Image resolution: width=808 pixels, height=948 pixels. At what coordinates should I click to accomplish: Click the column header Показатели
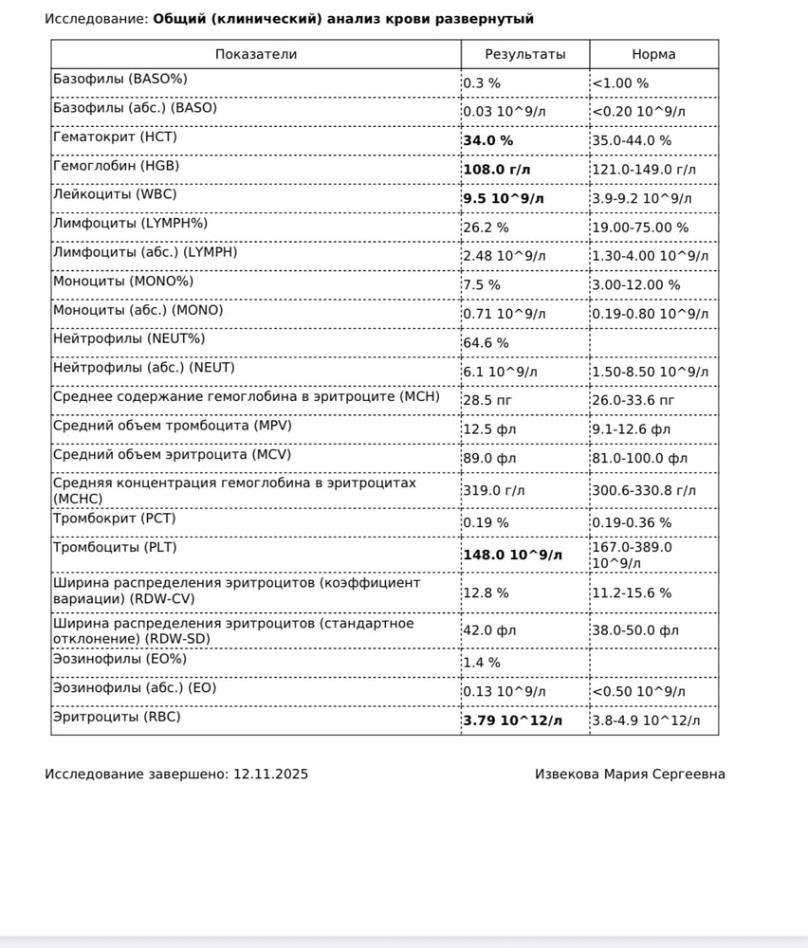point(256,54)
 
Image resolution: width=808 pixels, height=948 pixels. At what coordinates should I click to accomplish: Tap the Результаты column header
point(524,54)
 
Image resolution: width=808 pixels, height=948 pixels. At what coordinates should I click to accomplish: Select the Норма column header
point(653,54)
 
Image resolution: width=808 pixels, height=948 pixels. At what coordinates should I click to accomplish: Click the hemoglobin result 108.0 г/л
point(497,170)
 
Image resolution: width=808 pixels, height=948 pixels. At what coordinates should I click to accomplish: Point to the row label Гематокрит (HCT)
point(115,137)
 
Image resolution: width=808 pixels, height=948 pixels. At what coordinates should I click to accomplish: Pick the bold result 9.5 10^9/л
point(505,198)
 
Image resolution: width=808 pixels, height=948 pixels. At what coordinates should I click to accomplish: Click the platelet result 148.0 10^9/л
point(512,555)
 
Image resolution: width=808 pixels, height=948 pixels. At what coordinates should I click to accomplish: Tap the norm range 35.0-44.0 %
point(632,141)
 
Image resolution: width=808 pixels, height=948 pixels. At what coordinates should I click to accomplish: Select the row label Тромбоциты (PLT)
point(115,547)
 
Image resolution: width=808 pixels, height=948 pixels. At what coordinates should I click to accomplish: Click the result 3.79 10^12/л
point(512,721)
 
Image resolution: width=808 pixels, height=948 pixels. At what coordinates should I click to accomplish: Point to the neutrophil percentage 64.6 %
point(486,342)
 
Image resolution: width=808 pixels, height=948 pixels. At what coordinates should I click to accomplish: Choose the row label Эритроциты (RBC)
point(117,717)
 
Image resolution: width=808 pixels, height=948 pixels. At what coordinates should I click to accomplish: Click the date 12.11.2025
point(270,775)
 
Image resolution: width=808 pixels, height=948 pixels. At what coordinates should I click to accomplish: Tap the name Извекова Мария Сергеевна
point(630,775)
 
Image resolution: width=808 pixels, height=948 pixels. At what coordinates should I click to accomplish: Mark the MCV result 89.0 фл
point(489,458)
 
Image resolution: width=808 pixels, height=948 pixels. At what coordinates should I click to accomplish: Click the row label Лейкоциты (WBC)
point(115,193)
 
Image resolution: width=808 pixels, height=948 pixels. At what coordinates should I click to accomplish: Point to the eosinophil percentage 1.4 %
point(482,663)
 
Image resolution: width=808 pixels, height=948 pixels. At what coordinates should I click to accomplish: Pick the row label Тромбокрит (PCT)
point(115,518)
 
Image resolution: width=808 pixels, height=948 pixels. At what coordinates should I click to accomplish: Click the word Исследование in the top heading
point(96,19)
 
